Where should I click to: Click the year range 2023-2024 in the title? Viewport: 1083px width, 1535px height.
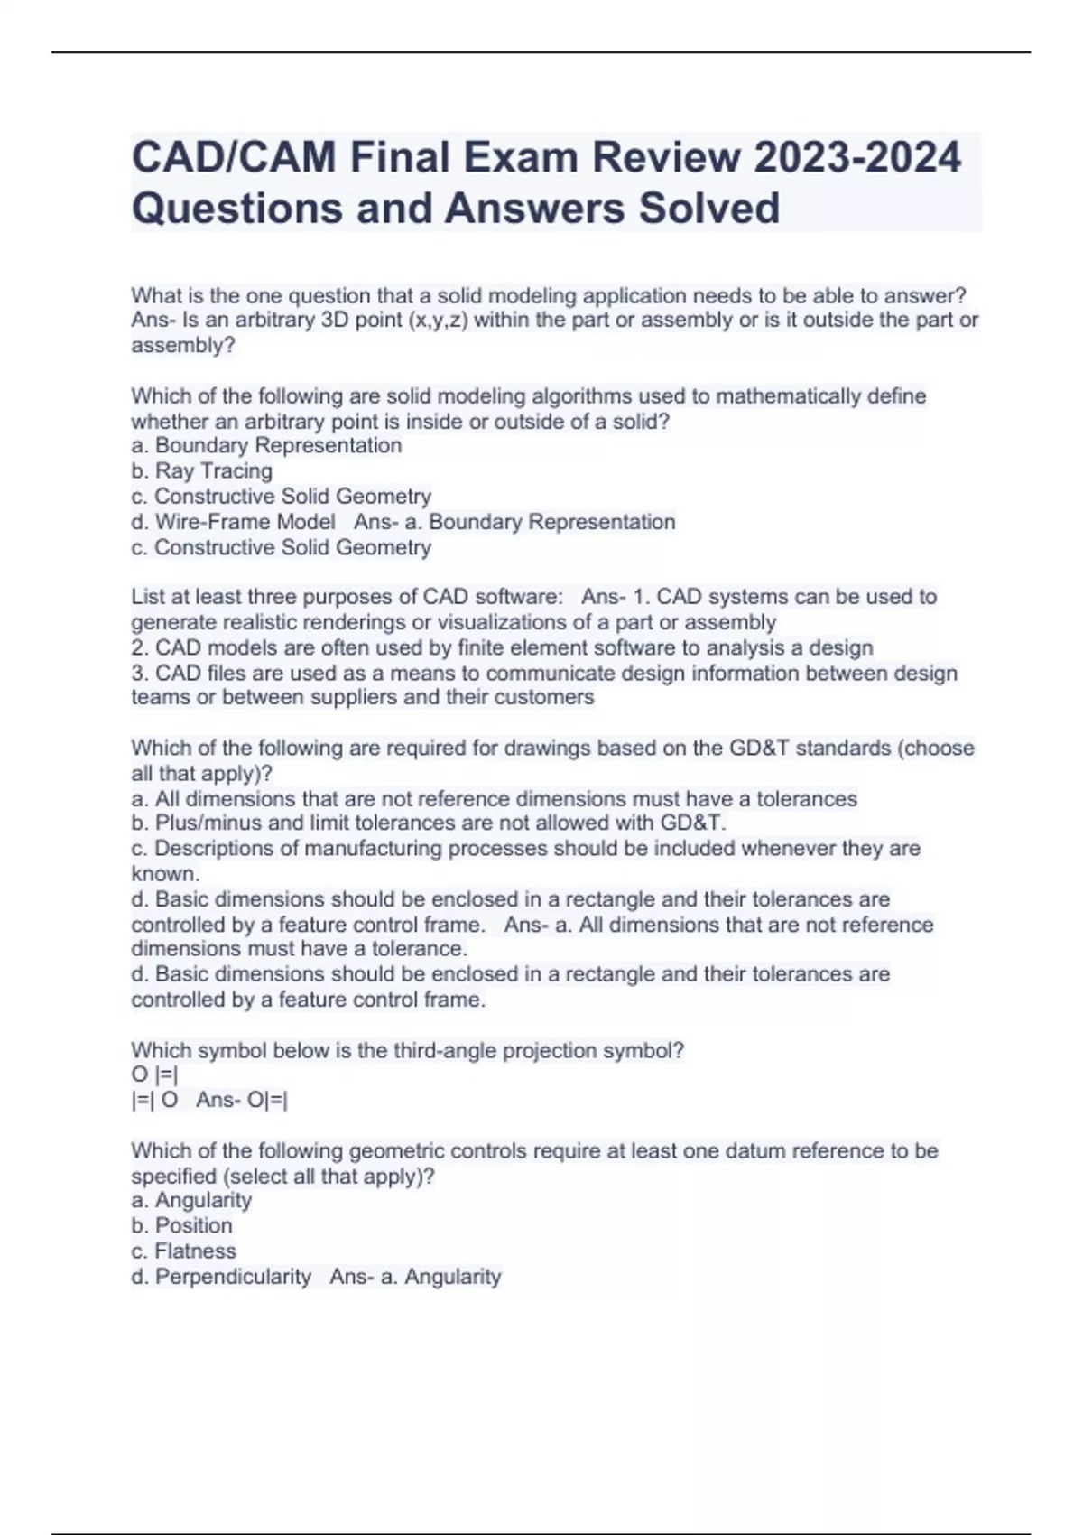click(x=856, y=157)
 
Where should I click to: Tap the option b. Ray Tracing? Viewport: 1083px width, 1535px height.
click(x=201, y=471)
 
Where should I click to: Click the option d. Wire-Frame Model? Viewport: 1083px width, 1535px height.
click(x=233, y=522)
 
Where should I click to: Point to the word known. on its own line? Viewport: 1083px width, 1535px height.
click(x=165, y=873)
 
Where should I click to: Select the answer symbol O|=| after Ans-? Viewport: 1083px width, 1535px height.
click(x=267, y=1100)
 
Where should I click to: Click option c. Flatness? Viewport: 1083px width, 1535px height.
click(x=183, y=1251)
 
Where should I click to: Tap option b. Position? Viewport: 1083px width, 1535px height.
click(x=181, y=1225)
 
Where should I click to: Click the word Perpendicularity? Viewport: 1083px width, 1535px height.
click(x=233, y=1277)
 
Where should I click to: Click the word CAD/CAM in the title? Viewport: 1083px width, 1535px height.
click(x=235, y=157)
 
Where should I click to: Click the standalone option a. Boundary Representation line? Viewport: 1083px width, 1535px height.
click(x=266, y=446)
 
